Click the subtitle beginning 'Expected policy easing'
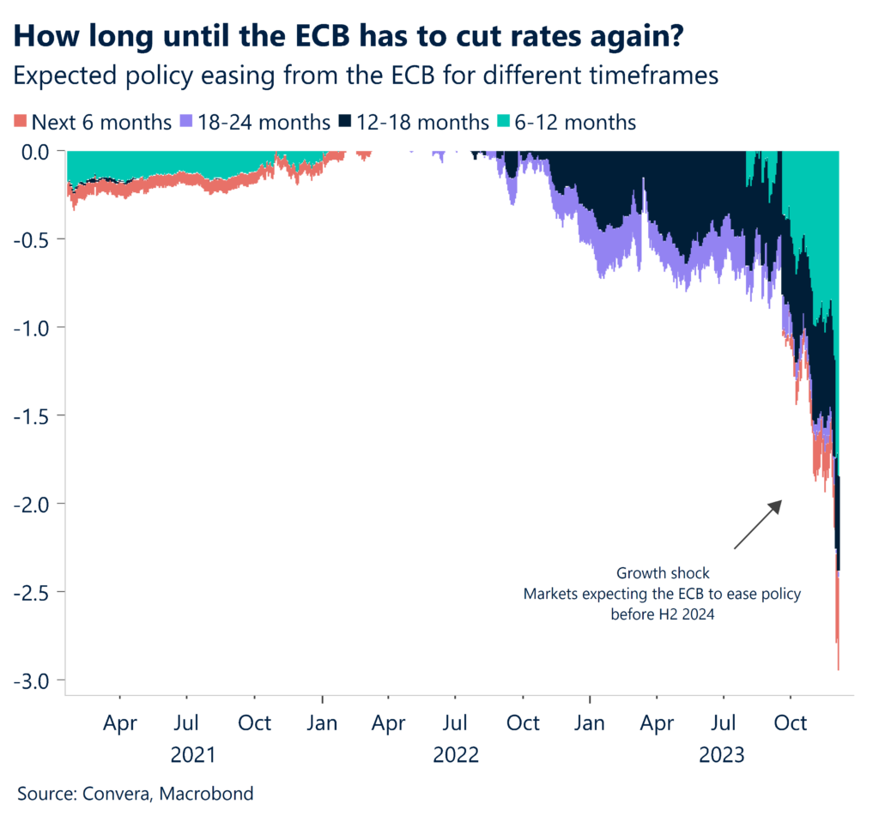[366, 76]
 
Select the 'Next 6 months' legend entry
[94, 123]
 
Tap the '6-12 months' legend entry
[568, 123]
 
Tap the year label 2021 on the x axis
[193, 756]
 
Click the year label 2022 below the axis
[455, 756]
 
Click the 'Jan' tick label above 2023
[590, 723]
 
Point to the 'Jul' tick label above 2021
[187, 723]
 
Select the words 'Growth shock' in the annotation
[663, 572]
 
